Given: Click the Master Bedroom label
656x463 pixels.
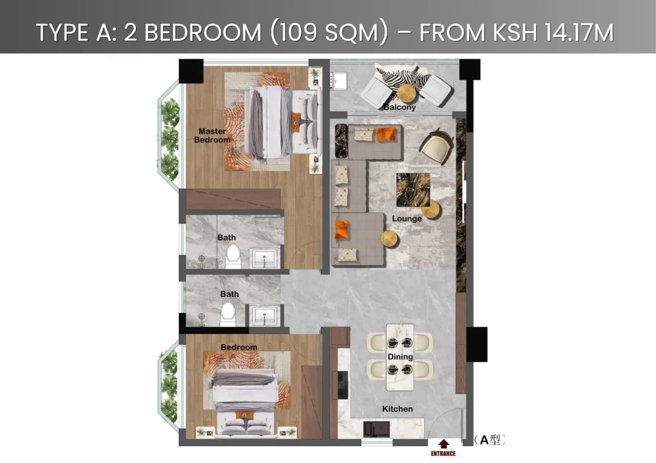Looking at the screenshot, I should click(x=212, y=136).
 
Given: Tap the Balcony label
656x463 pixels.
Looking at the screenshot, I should click(x=399, y=108).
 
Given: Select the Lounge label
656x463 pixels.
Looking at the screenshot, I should click(x=407, y=219).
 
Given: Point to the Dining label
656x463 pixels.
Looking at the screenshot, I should click(x=400, y=356).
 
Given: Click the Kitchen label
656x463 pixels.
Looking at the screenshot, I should click(x=398, y=409).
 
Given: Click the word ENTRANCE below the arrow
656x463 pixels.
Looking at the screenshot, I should click(x=443, y=453).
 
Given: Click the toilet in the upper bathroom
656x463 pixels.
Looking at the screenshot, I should click(x=233, y=256).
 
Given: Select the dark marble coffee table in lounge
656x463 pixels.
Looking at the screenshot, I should click(x=413, y=190).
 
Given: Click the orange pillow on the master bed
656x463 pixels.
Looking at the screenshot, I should click(x=296, y=123).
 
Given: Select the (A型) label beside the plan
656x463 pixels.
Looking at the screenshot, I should click(x=489, y=439).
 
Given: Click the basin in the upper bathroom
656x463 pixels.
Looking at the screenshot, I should click(x=264, y=259).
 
